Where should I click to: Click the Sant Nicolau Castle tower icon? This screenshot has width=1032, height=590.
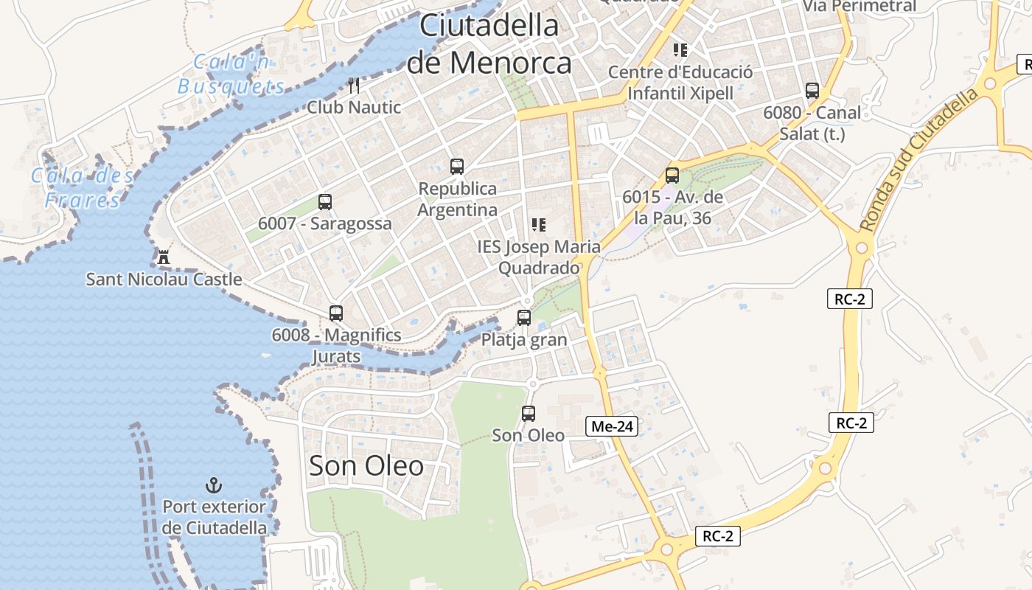[x=164, y=257]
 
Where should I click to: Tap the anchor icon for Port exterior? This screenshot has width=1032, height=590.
[x=213, y=485]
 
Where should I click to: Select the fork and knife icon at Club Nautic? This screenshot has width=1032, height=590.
[x=354, y=86]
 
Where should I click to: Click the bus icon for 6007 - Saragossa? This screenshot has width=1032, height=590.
[x=324, y=202]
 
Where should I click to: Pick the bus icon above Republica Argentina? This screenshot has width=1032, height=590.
[x=457, y=167]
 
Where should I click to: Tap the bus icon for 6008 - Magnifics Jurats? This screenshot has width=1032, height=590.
[x=336, y=313]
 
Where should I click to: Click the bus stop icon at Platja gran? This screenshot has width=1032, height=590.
[x=524, y=318]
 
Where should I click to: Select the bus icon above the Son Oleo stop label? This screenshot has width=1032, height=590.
[x=529, y=414]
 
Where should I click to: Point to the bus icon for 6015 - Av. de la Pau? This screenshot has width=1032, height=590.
[x=672, y=176]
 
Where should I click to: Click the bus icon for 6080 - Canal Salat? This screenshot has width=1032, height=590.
[x=812, y=91]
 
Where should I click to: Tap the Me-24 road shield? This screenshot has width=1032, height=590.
[x=613, y=426]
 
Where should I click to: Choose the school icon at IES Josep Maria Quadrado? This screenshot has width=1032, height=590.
[x=539, y=225]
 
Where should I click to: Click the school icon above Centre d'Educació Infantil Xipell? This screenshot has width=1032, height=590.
[x=680, y=50]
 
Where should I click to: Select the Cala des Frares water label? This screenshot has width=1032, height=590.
[x=82, y=187]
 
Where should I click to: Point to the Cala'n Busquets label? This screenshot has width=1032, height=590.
[x=231, y=74]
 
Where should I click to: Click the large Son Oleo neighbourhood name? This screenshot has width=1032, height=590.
[x=366, y=466]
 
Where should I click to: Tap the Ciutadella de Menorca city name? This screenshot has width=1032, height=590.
[x=489, y=44]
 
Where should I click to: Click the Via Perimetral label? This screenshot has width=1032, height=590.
[x=860, y=7]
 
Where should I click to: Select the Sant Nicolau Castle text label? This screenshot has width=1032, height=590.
[x=164, y=280]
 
